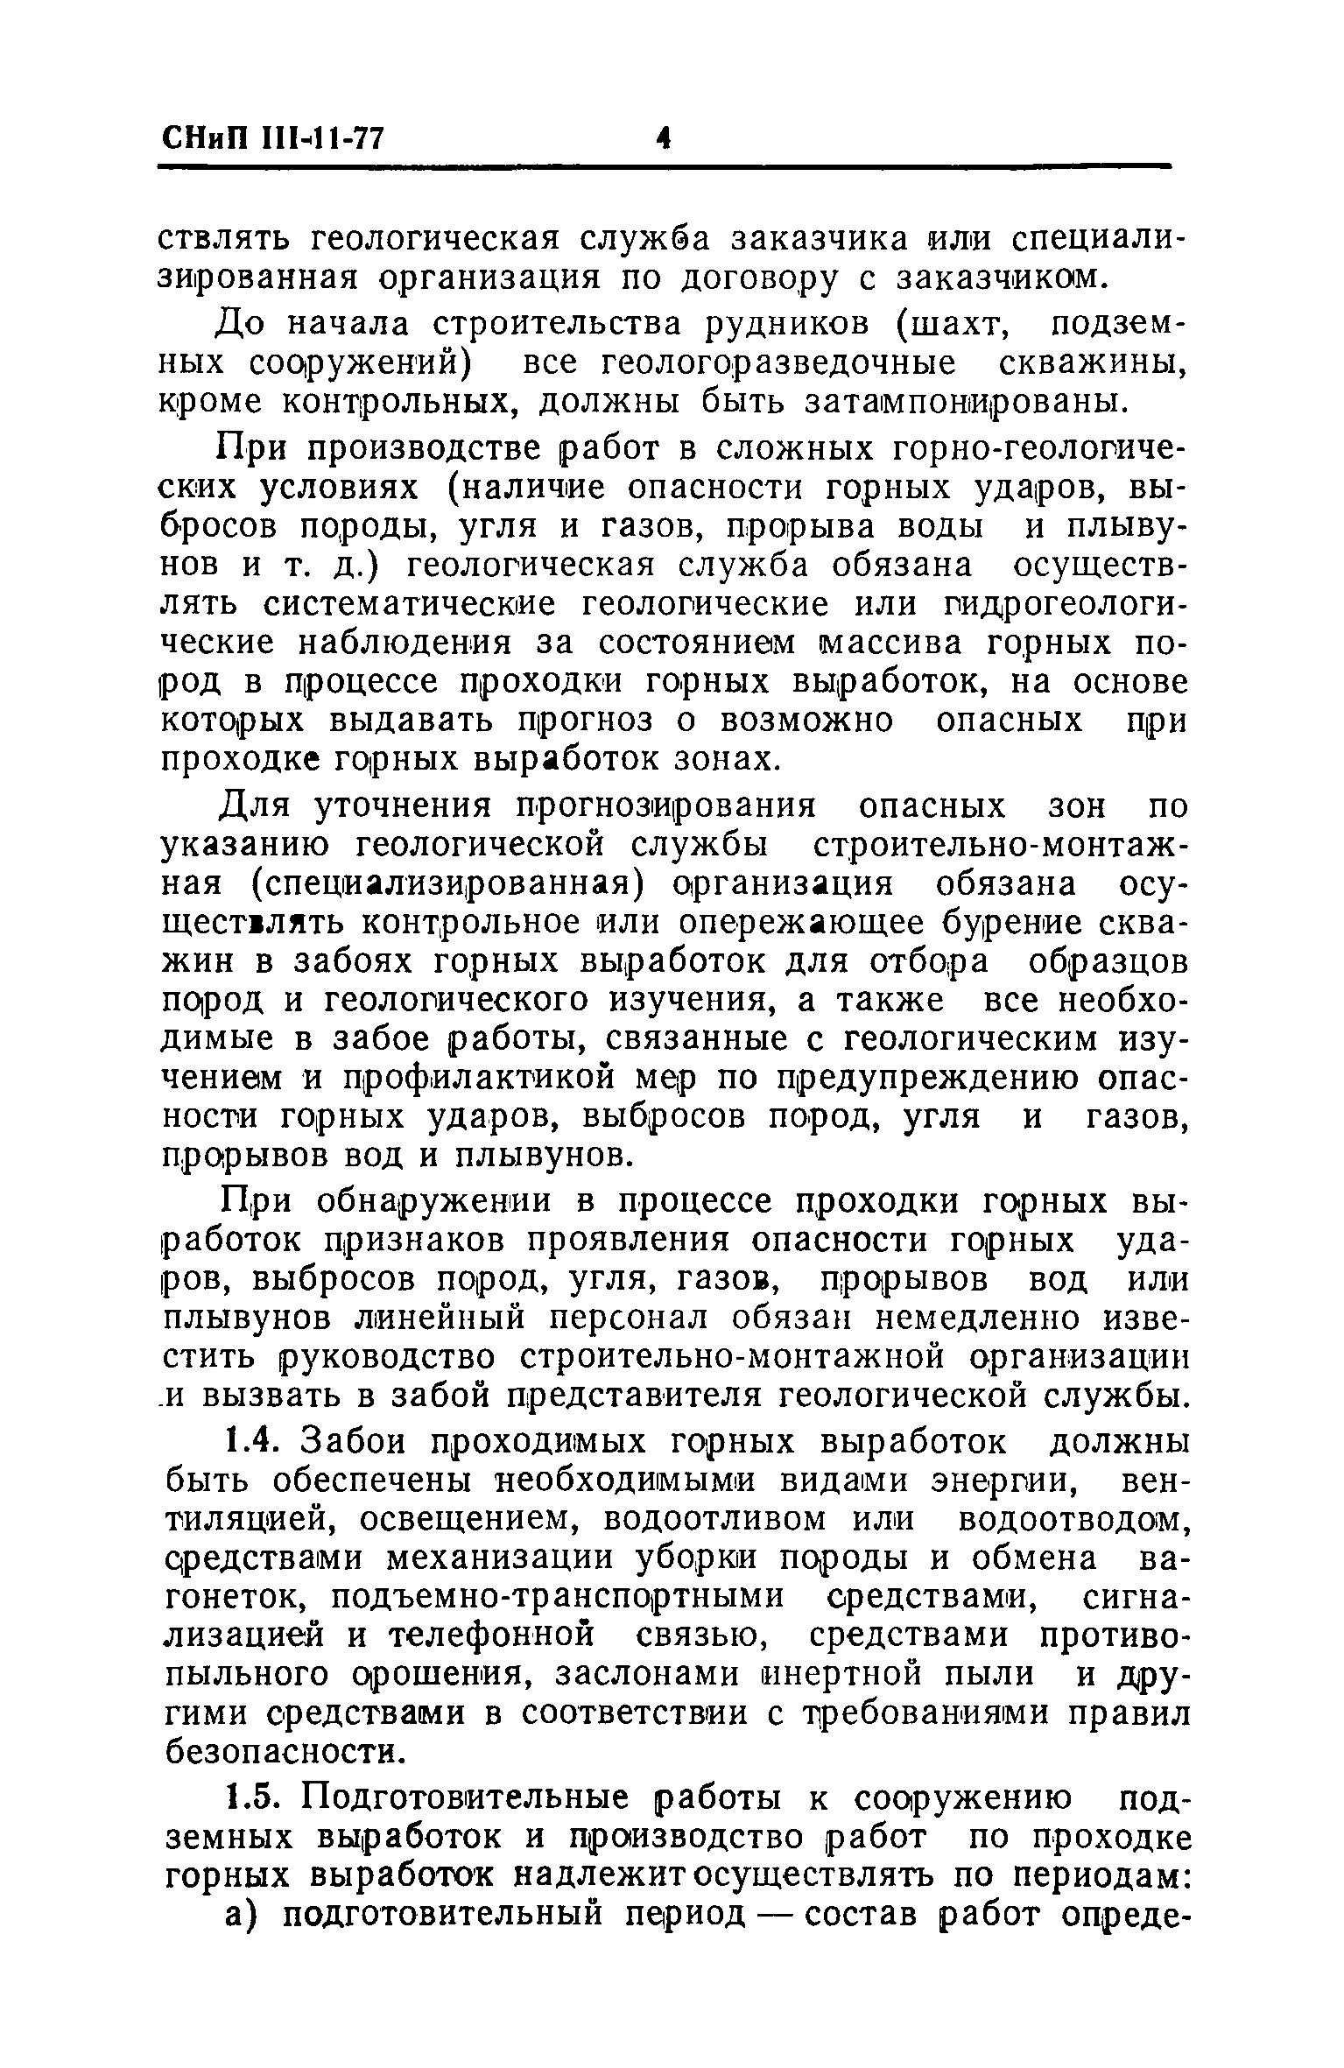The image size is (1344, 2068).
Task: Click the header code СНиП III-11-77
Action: coord(272,137)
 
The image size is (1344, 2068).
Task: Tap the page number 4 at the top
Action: coord(663,137)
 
